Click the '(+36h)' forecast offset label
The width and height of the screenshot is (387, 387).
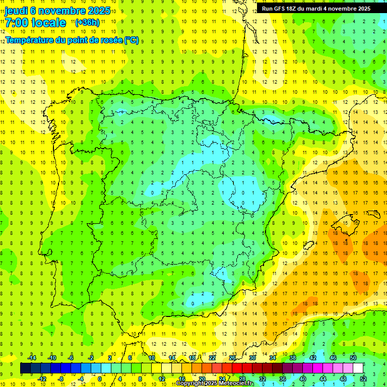coord(87,23)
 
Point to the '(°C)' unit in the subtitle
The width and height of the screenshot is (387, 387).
coord(131,40)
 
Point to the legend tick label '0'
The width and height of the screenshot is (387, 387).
coord(100,378)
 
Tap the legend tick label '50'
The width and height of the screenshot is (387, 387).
coord(353,358)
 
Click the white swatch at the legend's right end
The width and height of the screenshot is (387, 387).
coord(358,368)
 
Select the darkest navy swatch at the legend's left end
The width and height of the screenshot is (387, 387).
coord(25,368)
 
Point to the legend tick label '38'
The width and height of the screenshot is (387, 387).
coord(292,358)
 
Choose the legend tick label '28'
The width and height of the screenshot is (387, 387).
coord(242,378)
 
